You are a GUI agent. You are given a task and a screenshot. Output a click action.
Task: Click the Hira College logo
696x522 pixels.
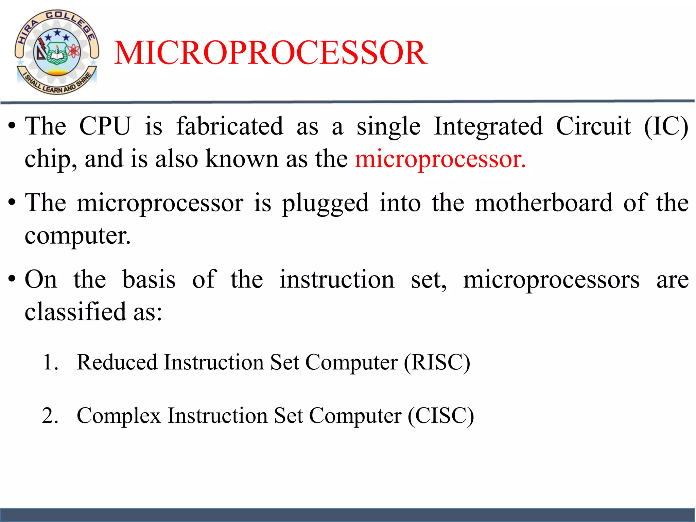click(57, 52)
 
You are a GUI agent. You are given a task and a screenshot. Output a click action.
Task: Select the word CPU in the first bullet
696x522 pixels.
click(105, 126)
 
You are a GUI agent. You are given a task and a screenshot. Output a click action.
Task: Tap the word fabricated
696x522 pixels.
click(230, 126)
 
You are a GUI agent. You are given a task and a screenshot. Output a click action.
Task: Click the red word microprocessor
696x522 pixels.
click(440, 159)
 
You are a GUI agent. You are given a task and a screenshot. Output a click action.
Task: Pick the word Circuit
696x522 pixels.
click(593, 126)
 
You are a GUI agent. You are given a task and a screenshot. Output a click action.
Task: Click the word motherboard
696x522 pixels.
click(544, 203)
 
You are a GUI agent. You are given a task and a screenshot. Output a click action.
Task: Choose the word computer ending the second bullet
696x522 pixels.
click(77, 236)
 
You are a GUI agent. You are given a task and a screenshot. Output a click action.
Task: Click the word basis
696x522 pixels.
click(149, 279)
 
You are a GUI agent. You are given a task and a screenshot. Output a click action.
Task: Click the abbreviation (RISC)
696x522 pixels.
click(437, 362)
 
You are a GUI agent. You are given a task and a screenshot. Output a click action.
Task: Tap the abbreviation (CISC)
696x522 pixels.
click(441, 416)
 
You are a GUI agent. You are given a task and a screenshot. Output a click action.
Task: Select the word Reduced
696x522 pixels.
click(117, 362)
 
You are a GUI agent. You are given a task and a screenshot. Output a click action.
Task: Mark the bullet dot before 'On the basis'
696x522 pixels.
click(12, 279)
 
